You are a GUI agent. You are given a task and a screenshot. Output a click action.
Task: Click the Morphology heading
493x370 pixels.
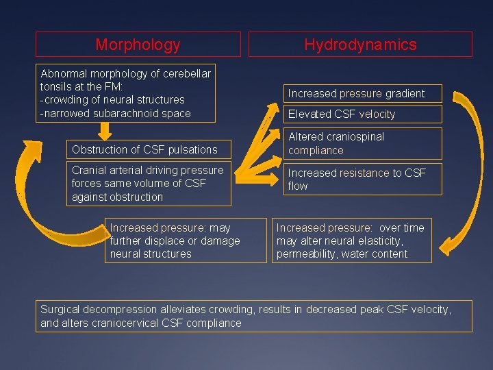click(x=138, y=45)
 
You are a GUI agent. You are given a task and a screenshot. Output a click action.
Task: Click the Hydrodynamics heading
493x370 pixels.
click(x=360, y=45)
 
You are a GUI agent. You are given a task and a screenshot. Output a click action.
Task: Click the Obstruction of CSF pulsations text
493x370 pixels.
click(x=144, y=149)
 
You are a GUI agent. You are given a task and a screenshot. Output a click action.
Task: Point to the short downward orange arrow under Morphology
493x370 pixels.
click(x=105, y=130)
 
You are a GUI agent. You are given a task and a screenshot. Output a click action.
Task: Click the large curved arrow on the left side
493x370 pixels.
click(x=34, y=199)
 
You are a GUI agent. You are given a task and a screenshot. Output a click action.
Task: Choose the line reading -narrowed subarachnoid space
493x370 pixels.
click(x=116, y=113)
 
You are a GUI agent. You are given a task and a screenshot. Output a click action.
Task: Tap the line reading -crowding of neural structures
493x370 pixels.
click(x=112, y=100)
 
